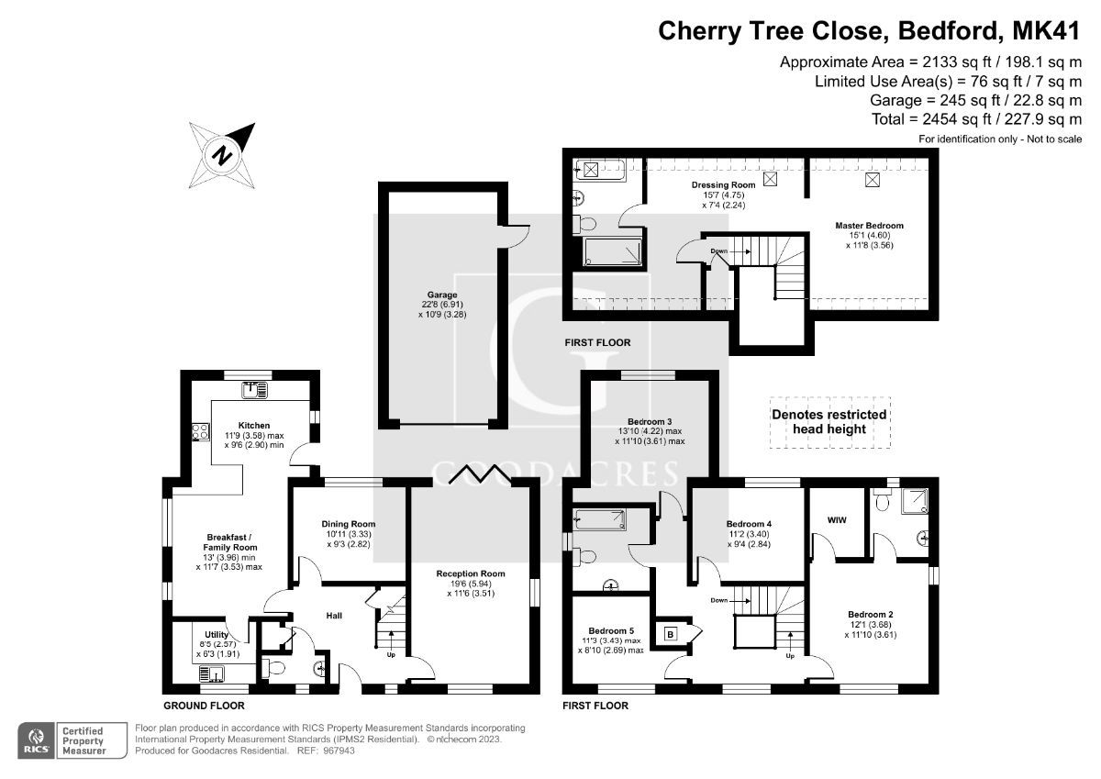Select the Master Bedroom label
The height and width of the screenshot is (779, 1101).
868,226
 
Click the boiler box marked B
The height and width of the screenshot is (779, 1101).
670,633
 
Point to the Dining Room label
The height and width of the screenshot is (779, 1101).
348,524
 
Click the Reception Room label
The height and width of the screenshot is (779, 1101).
470,573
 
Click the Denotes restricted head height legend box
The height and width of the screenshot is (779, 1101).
829,421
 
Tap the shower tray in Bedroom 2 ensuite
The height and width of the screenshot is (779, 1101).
915,501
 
